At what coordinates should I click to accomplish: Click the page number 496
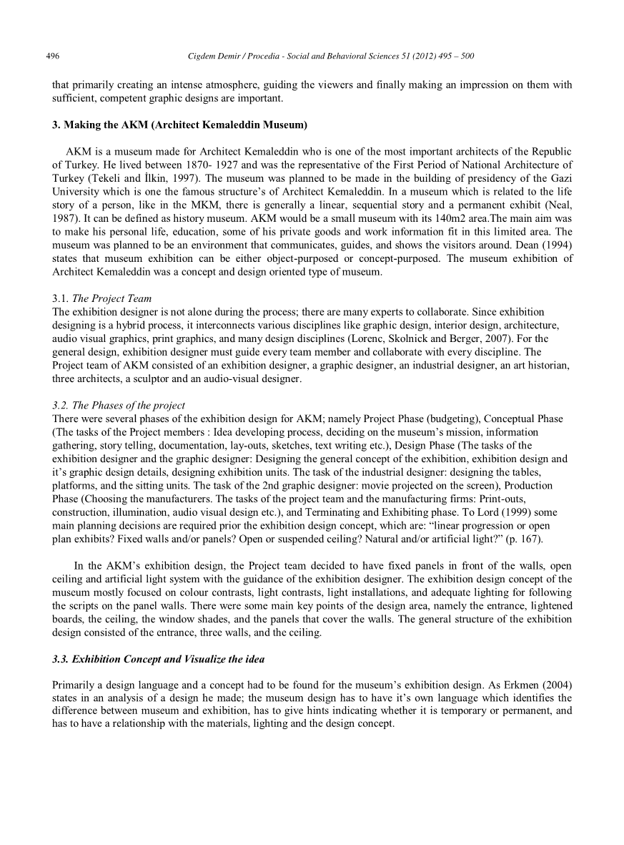coord(52,56)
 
